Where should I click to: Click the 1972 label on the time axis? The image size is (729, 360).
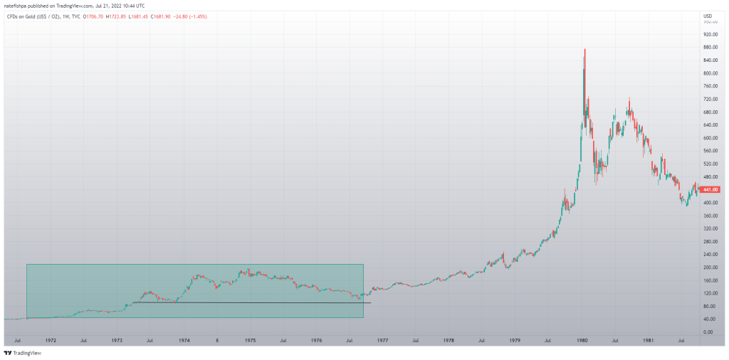51,341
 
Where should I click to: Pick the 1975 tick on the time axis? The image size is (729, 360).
250,341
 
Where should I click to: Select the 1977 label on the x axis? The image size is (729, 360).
382,341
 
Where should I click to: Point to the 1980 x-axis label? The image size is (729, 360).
582,341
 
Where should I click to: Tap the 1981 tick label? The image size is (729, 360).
648,341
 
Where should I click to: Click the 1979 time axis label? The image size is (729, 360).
515,341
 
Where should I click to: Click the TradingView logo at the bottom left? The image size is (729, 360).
22,353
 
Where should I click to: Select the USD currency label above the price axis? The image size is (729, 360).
707,16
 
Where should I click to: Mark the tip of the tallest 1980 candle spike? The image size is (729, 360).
584,49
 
